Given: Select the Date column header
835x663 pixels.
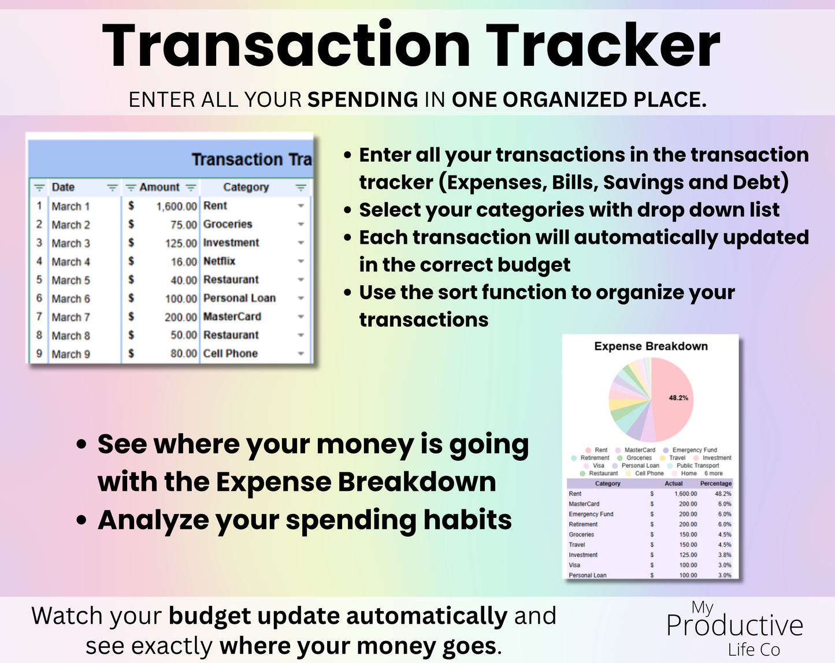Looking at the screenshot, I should [63, 187].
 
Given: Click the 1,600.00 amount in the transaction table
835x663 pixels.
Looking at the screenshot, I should [176, 206].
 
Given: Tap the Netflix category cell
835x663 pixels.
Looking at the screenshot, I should [219, 261].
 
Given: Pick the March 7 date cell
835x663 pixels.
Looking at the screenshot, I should [70, 317].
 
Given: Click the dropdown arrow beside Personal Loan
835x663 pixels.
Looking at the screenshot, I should [300, 299].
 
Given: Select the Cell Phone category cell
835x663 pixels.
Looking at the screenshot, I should [230, 353].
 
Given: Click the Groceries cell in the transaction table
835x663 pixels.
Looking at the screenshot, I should [228, 224].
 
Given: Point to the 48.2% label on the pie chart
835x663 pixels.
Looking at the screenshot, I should [678, 398].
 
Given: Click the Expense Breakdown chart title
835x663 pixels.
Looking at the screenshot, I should [651, 346].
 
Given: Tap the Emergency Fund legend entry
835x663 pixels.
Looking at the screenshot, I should [694, 450].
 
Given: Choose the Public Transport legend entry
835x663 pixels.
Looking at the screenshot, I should [697, 465].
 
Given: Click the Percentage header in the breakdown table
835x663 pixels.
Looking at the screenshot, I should [715, 483].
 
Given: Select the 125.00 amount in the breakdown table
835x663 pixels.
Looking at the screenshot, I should [688, 555].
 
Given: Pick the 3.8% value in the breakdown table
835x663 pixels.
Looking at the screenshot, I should [724, 555].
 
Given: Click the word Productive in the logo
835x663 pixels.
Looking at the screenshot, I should [734, 625].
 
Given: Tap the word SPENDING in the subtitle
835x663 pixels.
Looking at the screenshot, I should [362, 100].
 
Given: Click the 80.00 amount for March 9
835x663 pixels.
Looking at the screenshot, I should [183, 353].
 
